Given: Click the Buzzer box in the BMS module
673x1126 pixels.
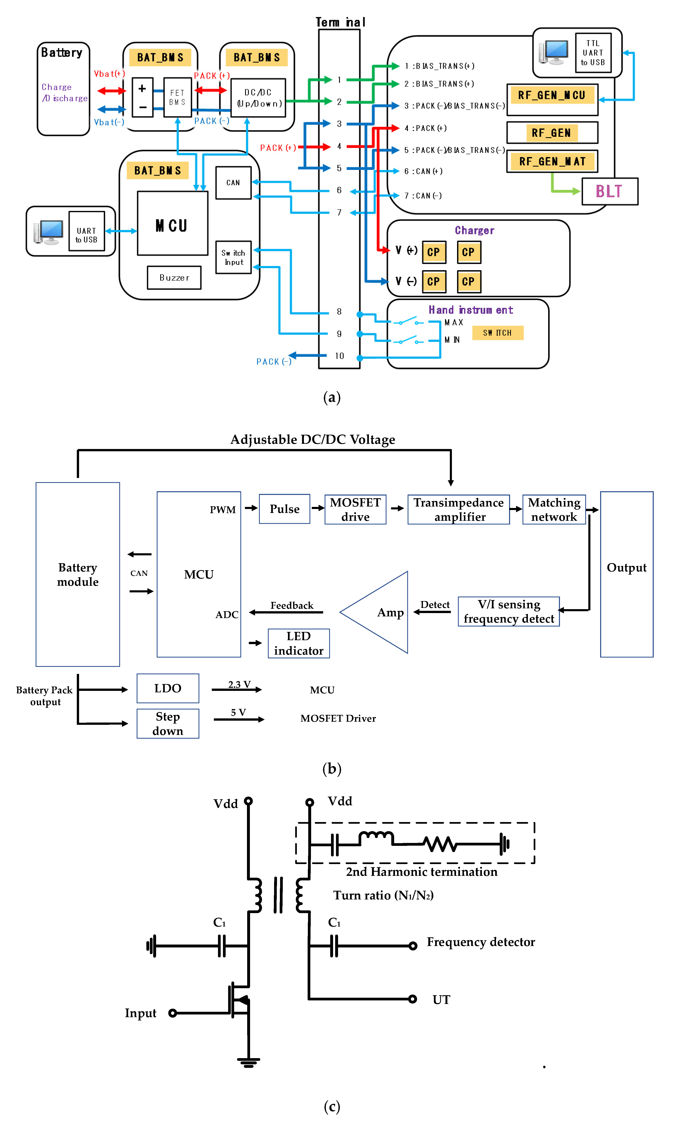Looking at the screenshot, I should tap(174, 277).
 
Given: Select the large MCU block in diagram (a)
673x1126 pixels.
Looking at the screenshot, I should tap(172, 223).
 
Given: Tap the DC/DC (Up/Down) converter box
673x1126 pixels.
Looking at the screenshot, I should tap(258, 98).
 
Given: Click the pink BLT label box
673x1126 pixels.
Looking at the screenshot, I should tap(609, 191).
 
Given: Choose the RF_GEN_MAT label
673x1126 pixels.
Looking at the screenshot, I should tap(552, 161).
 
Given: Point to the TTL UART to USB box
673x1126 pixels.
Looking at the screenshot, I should tap(593, 53).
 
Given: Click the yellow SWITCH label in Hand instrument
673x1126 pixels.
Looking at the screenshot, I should tap(497, 333).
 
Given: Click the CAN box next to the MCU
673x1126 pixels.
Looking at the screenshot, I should tap(233, 183).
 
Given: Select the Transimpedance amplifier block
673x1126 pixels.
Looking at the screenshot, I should tap(459, 509).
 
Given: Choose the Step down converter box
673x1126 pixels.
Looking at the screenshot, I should tap(168, 724).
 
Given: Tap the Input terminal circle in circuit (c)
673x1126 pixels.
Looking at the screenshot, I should tap(172, 1013).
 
